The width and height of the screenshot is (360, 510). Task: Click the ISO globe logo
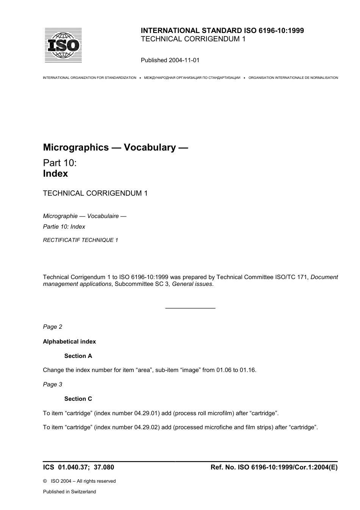pos(63,46)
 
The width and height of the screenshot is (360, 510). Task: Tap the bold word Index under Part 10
pos(55,174)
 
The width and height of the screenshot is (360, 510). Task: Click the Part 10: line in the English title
pos(60,163)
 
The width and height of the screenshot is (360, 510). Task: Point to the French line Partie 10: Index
pos(64,227)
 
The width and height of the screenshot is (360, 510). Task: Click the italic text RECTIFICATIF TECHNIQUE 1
pos(80,240)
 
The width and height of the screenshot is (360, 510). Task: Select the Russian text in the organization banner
pos(192,78)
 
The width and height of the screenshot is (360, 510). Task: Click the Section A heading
pos(78,356)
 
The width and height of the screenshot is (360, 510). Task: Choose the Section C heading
pos(78,399)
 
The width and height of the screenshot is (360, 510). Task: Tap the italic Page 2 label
pos(52,327)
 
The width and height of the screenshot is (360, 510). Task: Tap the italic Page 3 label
pos(52,384)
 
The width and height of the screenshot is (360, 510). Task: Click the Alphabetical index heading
pos(69,342)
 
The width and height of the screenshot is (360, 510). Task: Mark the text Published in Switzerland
pos(69,492)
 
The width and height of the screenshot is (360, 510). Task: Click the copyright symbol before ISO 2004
pos(45,481)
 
